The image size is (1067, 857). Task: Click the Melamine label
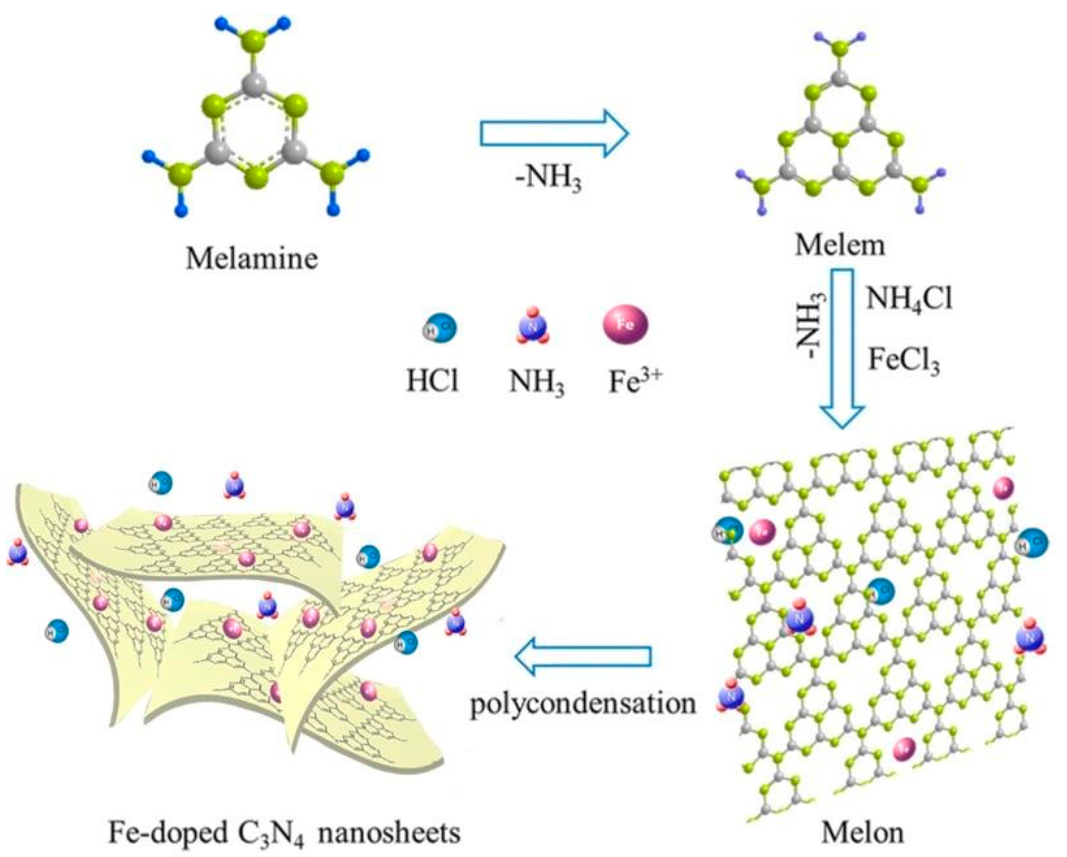(252, 259)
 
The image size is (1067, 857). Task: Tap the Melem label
(840, 244)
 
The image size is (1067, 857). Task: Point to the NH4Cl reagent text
(909, 299)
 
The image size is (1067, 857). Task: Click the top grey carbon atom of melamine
(253, 83)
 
